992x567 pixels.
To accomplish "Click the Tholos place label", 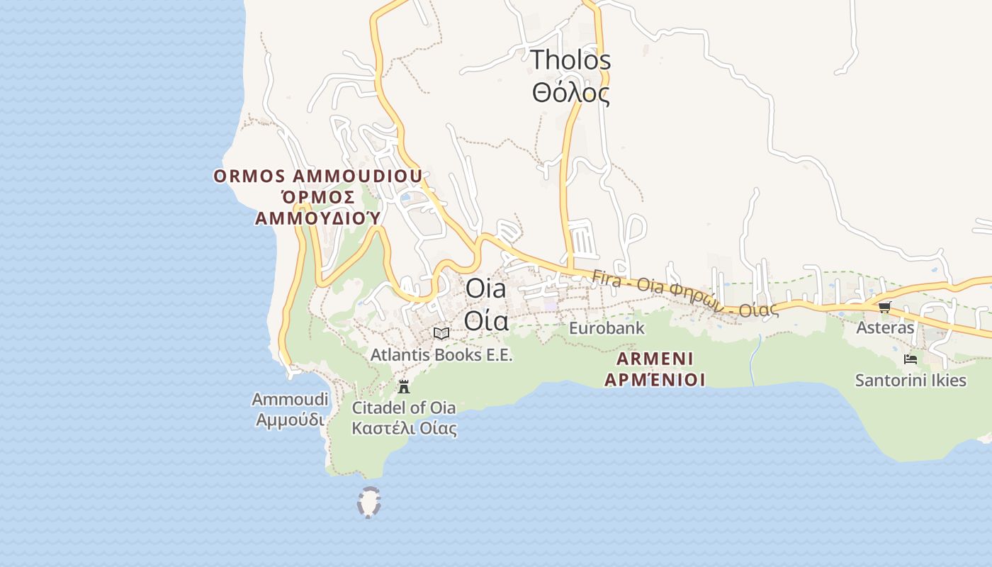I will (x=570, y=60).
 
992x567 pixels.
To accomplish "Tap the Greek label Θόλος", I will (x=570, y=93).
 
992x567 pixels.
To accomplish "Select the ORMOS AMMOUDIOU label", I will (x=318, y=176).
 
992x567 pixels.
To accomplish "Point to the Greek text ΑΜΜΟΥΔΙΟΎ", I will (x=318, y=218).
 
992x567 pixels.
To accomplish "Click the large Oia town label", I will (x=486, y=289).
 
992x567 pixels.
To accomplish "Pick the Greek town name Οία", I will (x=486, y=321).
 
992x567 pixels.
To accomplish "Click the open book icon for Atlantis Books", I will (x=441, y=333).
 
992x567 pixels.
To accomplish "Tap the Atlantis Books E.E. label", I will (x=441, y=354).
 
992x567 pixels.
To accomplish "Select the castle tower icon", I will (x=404, y=387).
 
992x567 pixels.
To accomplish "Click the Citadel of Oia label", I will (x=404, y=408).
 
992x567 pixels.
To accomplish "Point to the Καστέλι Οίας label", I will (x=404, y=428).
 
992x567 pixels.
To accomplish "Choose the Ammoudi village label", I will (x=291, y=399).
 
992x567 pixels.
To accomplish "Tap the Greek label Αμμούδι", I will (x=291, y=419).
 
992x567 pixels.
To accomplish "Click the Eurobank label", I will (x=607, y=328).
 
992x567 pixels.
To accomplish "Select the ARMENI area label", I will (x=655, y=358).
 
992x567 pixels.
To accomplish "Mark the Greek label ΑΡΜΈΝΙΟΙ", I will (x=655, y=380).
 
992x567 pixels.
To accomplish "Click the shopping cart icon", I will (x=884, y=307).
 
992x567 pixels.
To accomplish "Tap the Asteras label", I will (x=885, y=328).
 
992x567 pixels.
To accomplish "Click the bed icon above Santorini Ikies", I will (x=911, y=359).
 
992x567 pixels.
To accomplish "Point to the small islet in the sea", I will (x=368, y=503).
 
